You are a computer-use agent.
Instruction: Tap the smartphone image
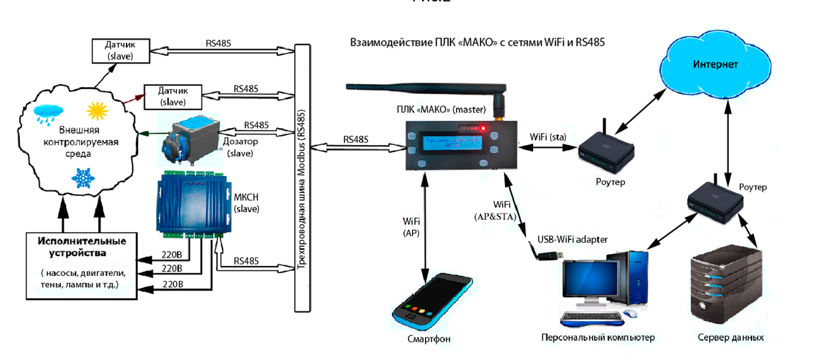[433, 298]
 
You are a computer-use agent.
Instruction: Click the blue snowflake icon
[84, 177]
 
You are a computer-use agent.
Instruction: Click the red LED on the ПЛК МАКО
[482, 129]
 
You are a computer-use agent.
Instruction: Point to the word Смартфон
[429, 339]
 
